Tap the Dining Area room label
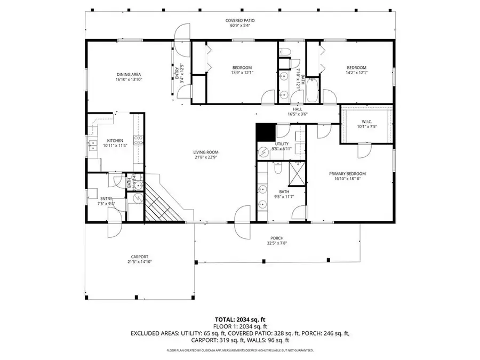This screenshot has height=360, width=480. [x=129, y=74]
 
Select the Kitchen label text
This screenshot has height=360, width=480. [x=115, y=141]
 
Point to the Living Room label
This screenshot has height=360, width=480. [x=206, y=153]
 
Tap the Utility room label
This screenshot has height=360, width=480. [x=282, y=144]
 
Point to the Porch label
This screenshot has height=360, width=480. [x=276, y=238]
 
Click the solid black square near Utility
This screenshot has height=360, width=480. [x=264, y=132]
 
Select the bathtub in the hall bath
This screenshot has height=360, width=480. [x=312, y=90]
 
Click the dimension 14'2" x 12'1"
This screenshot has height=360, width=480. [x=356, y=73]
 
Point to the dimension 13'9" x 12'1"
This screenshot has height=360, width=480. [x=242, y=73]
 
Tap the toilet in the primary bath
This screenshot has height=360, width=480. [x=278, y=169]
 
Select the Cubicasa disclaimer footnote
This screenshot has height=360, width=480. [x=239, y=350]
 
